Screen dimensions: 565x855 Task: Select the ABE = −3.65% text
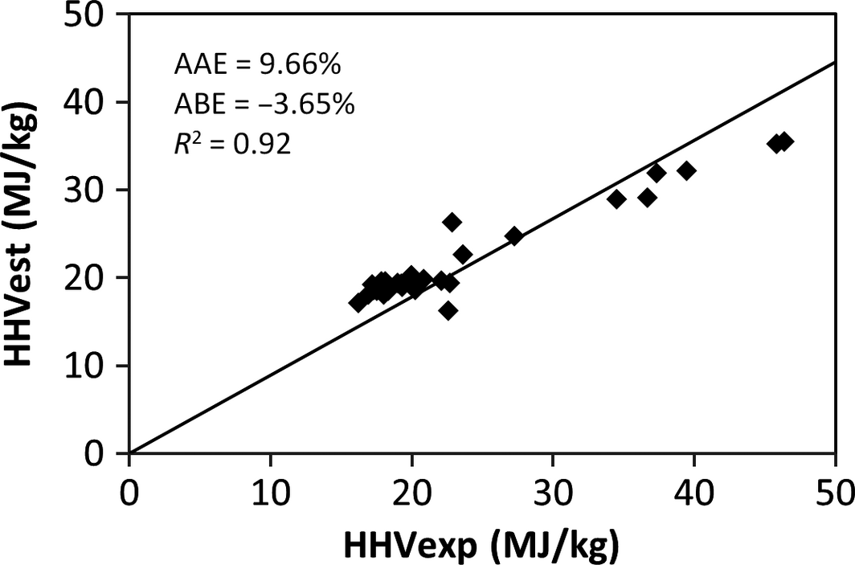coord(264,104)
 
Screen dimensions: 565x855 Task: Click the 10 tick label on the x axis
coord(270,489)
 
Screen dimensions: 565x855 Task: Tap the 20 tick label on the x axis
coord(411,489)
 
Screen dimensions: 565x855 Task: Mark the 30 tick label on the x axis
coord(552,489)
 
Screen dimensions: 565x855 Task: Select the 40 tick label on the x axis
coord(693,489)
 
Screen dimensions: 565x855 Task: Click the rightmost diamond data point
coord(784,142)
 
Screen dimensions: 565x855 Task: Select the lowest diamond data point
coord(448,310)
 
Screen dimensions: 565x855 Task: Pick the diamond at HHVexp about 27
coord(513,236)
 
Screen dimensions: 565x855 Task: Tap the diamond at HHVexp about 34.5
coord(616,199)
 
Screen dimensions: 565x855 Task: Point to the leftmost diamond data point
coord(358,303)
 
